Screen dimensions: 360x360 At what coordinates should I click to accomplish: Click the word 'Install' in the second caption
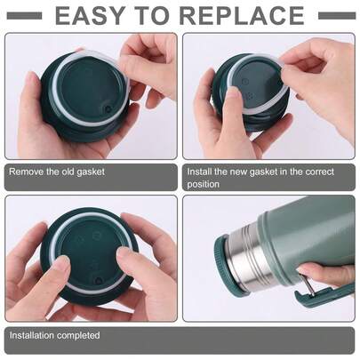point(200,172)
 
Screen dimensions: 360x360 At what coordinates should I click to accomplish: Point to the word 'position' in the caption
point(204,184)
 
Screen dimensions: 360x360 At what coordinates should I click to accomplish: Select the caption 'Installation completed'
point(54,335)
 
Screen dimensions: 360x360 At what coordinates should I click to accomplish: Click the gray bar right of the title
point(336,15)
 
